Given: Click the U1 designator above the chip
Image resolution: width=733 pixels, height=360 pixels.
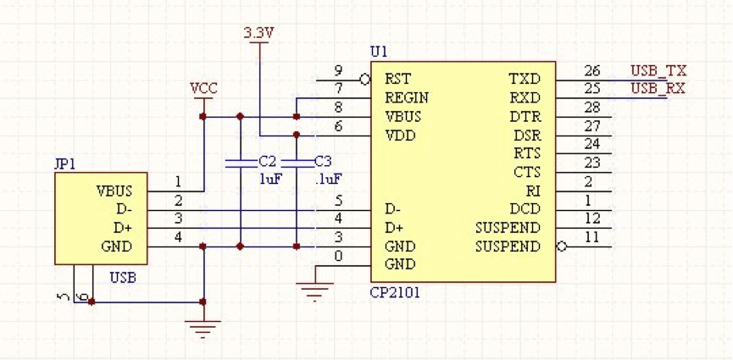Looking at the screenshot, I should click(x=379, y=51).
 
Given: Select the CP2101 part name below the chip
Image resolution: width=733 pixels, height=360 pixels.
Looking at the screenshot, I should click(x=395, y=292).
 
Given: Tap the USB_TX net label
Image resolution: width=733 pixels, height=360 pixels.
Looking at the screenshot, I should click(x=658, y=69).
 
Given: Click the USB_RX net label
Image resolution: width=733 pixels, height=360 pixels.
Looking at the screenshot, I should click(x=658, y=88).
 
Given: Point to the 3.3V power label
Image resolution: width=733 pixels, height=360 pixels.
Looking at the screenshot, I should click(x=258, y=33).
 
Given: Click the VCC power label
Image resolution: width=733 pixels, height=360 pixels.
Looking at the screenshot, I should click(x=204, y=88).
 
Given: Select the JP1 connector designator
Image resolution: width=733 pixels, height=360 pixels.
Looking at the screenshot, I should click(x=65, y=163).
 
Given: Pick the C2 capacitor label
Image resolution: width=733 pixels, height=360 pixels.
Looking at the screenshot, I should click(x=268, y=161).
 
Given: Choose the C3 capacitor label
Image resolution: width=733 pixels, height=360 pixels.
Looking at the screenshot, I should click(x=323, y=161).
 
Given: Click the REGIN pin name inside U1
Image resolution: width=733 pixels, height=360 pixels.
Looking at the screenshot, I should click(x=407, y=97).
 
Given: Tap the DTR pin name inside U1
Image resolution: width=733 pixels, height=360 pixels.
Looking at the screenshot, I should click(x=525, y=116).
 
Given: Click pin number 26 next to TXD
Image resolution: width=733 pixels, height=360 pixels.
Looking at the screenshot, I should click(x=591, y=70).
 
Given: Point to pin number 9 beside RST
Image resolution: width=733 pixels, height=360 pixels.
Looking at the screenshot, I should click(x=338, y=70).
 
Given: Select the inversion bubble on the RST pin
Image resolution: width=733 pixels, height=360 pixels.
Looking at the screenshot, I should click(x=365, y=80).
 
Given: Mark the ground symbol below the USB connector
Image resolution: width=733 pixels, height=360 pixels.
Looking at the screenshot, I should click(x=203, y=329).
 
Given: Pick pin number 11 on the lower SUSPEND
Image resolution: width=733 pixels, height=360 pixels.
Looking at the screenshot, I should click(x=591, y=238).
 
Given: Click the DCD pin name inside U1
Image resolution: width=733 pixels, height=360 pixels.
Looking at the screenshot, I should click(x=525, y=209).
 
